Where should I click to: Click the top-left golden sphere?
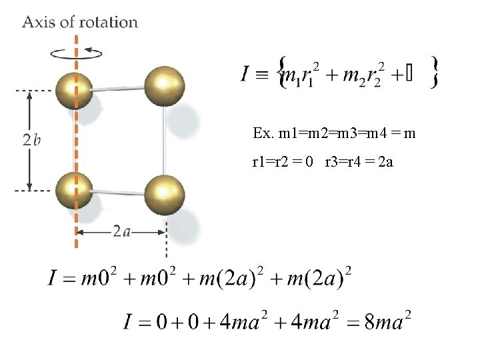click(75, 89)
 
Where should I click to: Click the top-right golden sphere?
click(164, 85)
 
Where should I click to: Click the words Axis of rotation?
click(80, 22)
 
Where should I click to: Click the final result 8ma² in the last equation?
click(379, 323)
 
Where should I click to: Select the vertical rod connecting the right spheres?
click(165, 140)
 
